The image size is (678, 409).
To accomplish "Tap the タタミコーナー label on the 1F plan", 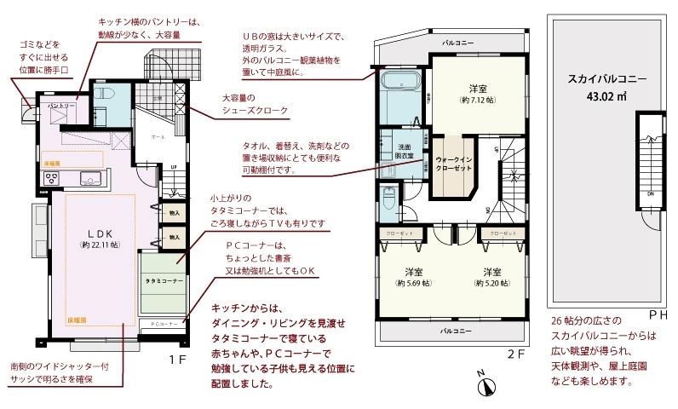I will [x=164, y=279].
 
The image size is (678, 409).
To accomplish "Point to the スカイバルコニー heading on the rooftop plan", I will [x=606, y=79].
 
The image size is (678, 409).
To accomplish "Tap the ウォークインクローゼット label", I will [x=453, y=164].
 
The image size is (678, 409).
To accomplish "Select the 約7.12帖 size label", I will [x=477, y=100].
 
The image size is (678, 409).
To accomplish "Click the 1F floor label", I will [x=176, y=360].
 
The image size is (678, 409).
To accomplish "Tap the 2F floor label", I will [x=514, y=353].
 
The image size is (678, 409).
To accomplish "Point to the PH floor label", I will [x=658, y=314].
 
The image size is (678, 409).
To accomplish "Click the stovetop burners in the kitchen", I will [x=50, y=178].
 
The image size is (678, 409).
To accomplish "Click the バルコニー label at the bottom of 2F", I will [x=457, y=328].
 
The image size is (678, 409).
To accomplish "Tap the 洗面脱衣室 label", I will [x=405, y=151].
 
